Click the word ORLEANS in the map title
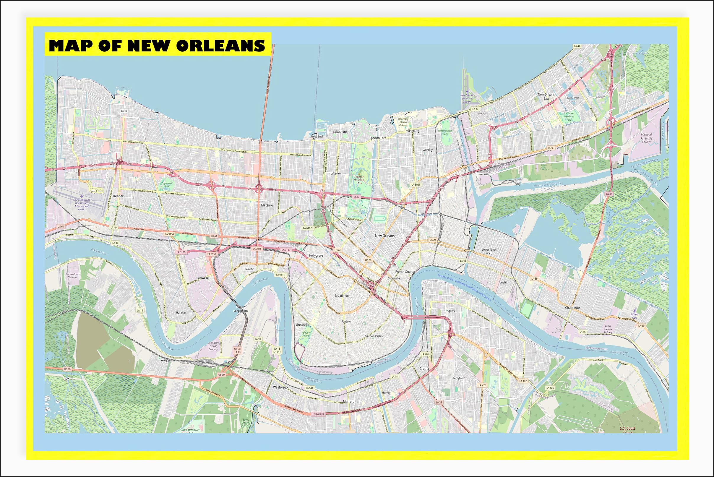[x=220, y=46]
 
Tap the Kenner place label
[x=118, y=196]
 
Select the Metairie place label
[x=267, y=205]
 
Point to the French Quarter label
[x=405, y=272]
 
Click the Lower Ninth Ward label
[x=489, y=251]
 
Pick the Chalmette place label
[x=572, y=308]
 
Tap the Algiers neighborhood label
[x=451, y=311]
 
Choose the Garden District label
[x=374, y=336]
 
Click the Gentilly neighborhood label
[x=427, y=150]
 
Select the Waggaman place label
[x=168, y=360]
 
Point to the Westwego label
[x=280, y=387]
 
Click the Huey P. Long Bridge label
[x=241, y=309]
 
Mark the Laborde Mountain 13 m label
[x=359, y=180]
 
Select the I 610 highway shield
[x=356, y=197]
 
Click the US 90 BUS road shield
[x=318, y=414]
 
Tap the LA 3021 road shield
[x=416, y=185]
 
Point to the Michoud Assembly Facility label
[x=646, y=138]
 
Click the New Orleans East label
[x=546, y=96]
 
